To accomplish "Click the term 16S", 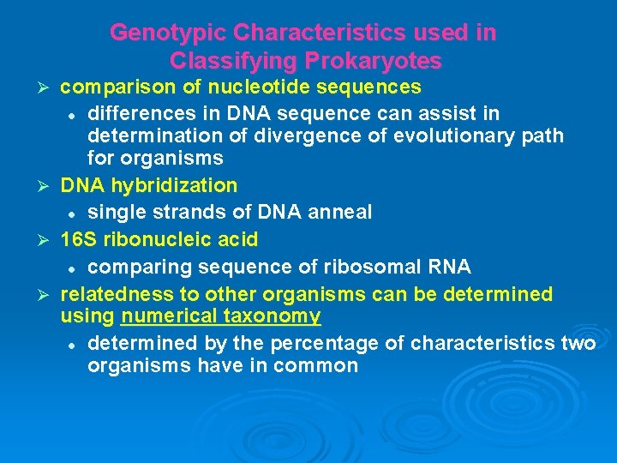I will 78,239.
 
